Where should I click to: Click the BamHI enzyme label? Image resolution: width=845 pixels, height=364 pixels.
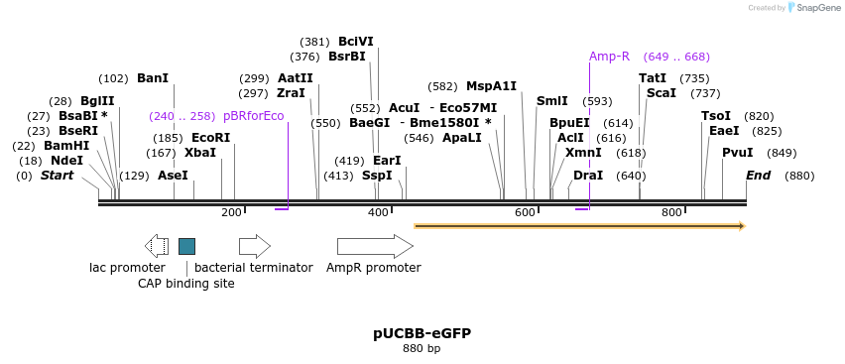coord(66,146)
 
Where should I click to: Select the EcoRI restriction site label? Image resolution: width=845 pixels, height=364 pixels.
coord(210,138)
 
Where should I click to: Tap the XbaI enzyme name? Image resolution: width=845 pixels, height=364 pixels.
coord(200,153)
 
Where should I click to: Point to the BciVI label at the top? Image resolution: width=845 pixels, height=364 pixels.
coord(356,42)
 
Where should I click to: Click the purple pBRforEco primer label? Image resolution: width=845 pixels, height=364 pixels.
coord(253,116)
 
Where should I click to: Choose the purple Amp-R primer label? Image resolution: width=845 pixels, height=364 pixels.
coord(609,57)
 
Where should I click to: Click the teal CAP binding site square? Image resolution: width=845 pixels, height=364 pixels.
coord(187,246)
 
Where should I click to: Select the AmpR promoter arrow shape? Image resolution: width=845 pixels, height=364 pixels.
coord(375,246)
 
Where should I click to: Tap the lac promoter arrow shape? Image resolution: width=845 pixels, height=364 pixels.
coord(157,246)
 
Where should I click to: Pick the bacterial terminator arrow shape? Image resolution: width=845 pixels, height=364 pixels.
coord(255,246)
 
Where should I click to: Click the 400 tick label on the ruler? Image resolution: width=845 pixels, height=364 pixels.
coord(378,212)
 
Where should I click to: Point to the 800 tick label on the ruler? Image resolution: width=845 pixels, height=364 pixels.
coord(671,212)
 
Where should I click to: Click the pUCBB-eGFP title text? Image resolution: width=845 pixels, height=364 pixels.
coord(422,334)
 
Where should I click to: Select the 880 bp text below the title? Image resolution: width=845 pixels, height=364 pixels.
coord(422,348)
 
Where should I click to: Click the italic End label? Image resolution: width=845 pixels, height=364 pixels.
coord(759,176)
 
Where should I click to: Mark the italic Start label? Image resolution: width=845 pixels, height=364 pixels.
coord(58,176)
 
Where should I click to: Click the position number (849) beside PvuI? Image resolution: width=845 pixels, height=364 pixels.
coord(782,153)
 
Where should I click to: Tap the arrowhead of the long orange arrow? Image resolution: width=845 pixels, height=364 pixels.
coord(743,226)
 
